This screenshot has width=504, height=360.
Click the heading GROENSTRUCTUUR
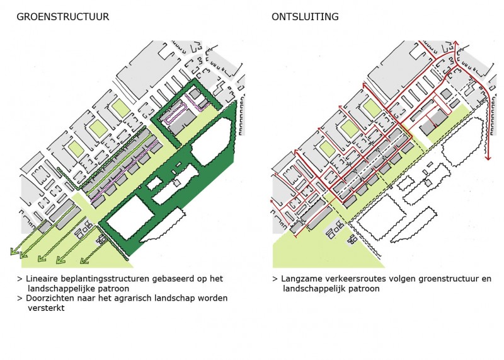point(62,17)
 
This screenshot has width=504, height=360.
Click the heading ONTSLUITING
point(305,17)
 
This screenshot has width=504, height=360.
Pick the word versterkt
point(46,308)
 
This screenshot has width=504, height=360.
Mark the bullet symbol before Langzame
point(275,279)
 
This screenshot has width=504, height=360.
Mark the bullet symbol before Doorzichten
point(20,299)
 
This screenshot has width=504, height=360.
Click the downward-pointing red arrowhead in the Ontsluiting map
point(488,158)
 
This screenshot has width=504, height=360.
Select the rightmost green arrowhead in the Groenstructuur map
point(84,260)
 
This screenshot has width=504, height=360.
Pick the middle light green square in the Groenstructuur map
point(98,128)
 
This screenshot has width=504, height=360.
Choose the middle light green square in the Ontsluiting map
point(350,127)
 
